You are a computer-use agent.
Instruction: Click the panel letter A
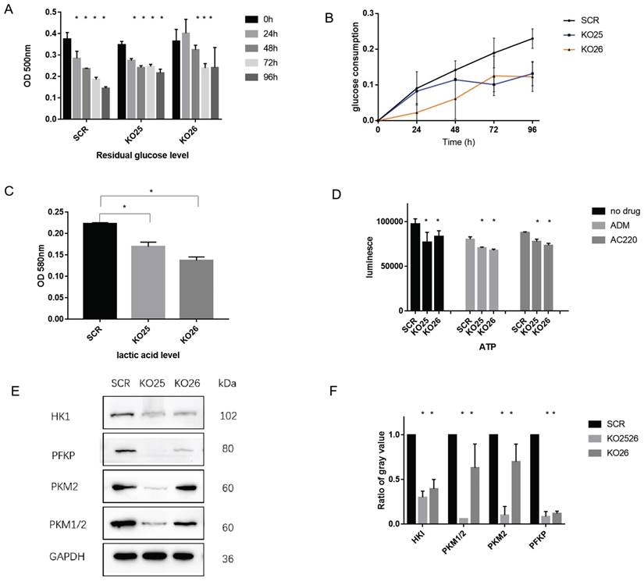9,11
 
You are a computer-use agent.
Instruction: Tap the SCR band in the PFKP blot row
122,450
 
